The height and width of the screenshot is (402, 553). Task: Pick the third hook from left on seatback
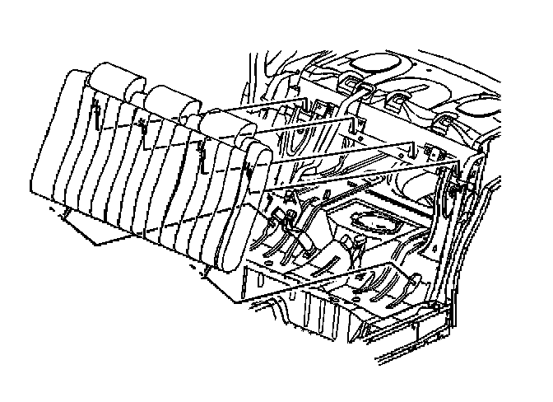200,148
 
